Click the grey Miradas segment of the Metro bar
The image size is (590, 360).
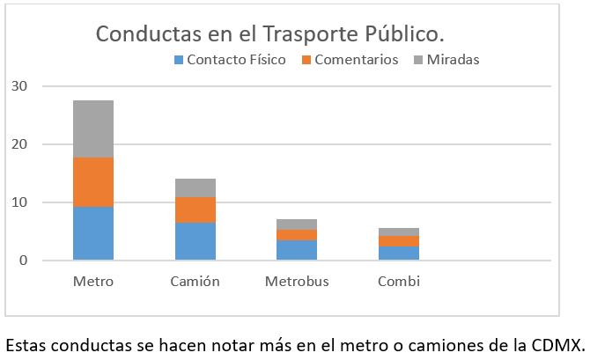tap(92, 129)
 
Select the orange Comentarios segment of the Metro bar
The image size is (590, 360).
tap(92, 182)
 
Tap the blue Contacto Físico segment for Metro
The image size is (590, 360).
tap(92, 233)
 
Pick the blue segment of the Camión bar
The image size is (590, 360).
tap(195, 241)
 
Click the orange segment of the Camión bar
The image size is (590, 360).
tap(195, 209)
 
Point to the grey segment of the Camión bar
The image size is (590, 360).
tap(195, 187)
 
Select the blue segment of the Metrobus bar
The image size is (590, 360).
tap(297, 250)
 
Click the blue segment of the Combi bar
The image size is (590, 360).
tap(398, 253)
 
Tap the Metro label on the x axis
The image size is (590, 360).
tap(92, 282)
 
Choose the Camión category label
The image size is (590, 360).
tap(195, 282)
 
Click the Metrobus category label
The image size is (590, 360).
tap(297, 282)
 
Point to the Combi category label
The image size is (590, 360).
tap(398, 282)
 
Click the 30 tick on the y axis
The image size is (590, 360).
tap(19, 86)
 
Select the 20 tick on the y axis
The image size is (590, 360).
tap(19, 144)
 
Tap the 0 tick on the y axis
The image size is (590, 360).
tap(23, 261)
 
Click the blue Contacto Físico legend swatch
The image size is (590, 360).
tap(179, 60)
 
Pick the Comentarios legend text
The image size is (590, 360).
tap(356, 60)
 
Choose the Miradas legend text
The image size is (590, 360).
tap(453, 60)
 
